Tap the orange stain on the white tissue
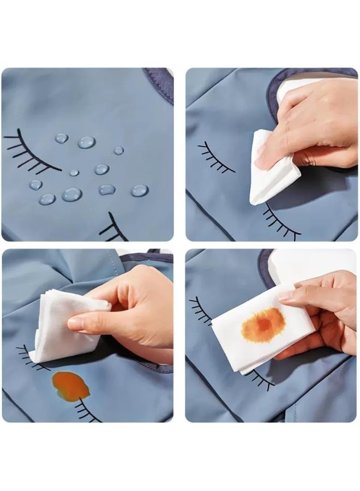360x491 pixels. click(264, 324)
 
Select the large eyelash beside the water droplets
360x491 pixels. click(33, 150)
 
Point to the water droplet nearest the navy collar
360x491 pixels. click(118, 151)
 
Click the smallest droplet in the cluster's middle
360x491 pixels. click(74, 172)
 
